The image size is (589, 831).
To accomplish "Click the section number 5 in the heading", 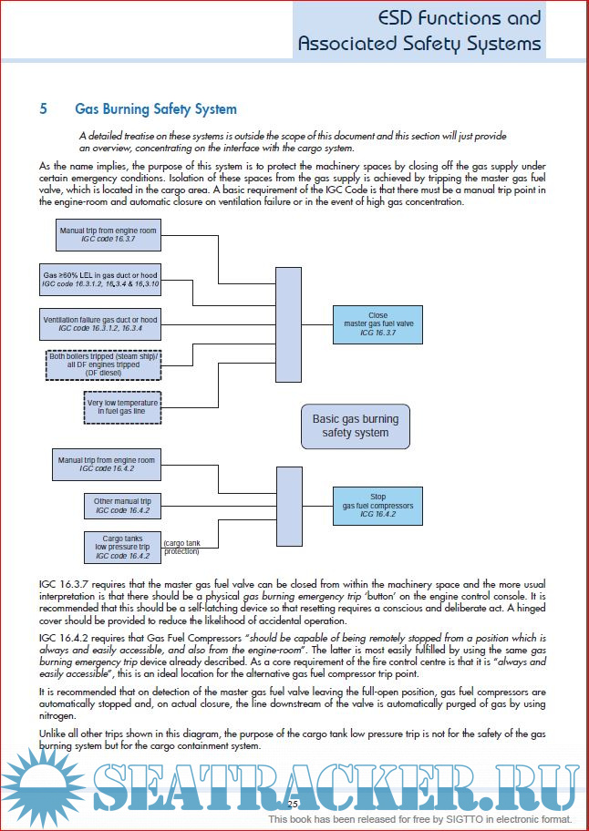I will pos(44,109).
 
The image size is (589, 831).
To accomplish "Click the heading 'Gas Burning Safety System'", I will pos(156,109).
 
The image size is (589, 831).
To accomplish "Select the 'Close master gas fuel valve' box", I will pos(377,324).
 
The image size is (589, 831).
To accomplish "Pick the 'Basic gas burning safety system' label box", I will pos(356,426).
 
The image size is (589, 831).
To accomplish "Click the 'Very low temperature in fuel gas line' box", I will pos(122,406).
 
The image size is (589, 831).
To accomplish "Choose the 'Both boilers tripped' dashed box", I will pos(104,364).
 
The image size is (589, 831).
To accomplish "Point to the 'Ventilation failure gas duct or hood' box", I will pos(100,324).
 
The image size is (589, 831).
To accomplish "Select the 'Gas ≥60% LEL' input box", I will pos(100,280).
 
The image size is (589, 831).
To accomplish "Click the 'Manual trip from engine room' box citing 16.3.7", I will pos(108,235).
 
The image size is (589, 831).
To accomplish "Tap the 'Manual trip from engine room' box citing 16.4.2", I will pos(108,463).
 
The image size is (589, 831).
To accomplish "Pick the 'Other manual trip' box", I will pos(122,506).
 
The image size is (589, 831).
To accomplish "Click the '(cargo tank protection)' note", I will pos(181,548).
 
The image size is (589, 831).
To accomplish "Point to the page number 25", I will pos(294,805).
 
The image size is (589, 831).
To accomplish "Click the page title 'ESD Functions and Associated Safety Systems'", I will pos(419,31).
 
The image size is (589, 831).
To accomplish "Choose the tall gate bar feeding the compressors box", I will pos(288,506).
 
